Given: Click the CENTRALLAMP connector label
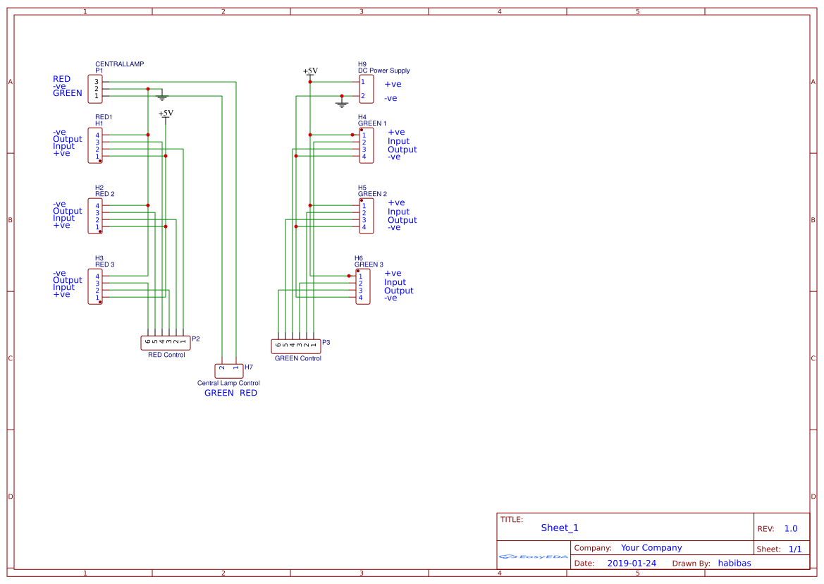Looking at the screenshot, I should click(119, 64).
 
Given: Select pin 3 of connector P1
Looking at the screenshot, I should click(97, 82).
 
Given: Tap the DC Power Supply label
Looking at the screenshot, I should click(383, 71).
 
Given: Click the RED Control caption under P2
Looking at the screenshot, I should click(166, 355).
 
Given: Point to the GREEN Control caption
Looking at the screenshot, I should click(297, 358).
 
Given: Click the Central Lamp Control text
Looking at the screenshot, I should click(228, 383).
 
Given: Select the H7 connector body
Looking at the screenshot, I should click(228, 370).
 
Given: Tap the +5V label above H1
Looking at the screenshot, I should click(166, 114).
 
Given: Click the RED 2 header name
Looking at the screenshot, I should click(104, 193).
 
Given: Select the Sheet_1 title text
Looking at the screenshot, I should click(560, 528).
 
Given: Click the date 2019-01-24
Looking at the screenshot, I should click(632, 563).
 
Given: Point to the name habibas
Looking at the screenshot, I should click(734, 563).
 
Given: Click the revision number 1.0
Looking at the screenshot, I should click(791, 528).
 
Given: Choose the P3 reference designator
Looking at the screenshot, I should click(326, 342).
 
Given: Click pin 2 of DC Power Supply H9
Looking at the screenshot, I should click(363, 96).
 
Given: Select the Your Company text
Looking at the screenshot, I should click(651, 547).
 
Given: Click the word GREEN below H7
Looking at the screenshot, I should click(219, 393).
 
